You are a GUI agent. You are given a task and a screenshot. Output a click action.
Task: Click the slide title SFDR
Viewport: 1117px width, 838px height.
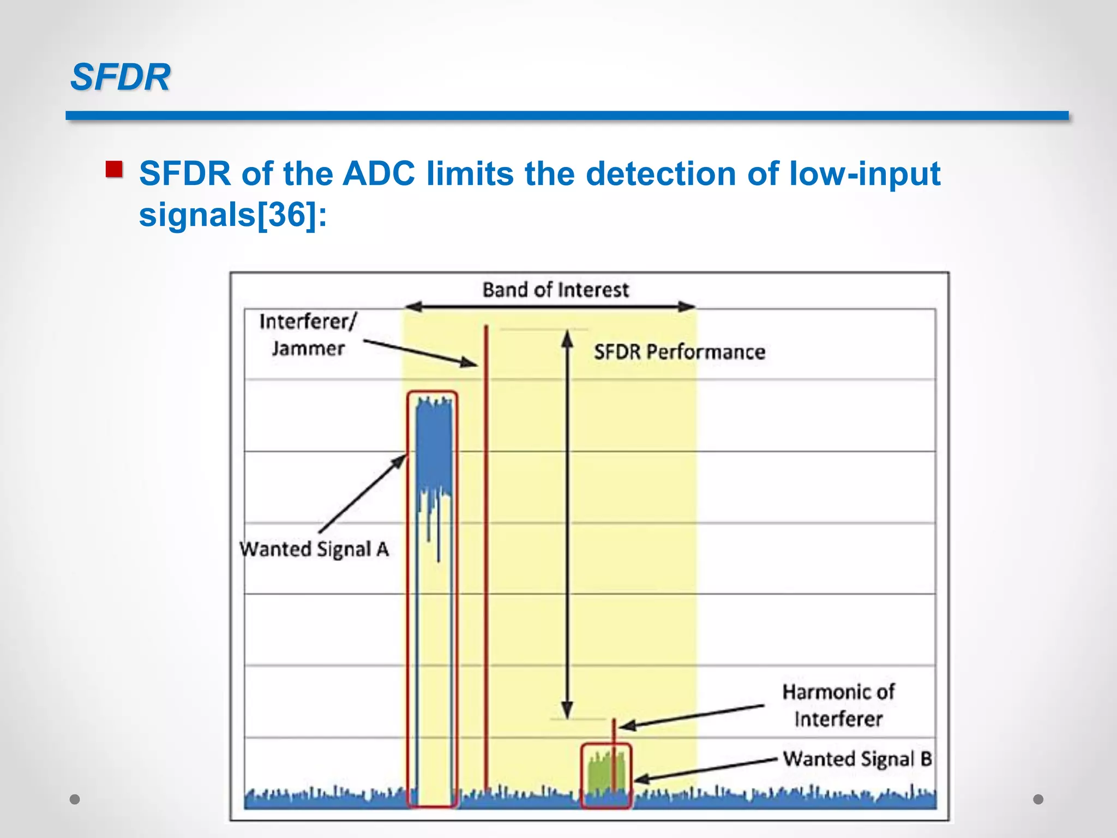121,77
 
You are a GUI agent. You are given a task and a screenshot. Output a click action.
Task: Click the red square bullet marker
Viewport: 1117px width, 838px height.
114,169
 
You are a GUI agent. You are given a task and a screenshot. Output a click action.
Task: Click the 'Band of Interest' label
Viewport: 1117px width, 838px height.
555,290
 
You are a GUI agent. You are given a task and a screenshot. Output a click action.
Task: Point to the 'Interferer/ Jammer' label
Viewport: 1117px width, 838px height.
308,334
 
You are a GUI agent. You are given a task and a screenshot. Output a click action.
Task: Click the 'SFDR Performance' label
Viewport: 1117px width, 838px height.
679,352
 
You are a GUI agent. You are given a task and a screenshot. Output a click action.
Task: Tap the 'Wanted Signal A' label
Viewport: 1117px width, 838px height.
314,549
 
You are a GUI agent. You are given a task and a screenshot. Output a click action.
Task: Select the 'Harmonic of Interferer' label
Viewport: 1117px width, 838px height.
838,705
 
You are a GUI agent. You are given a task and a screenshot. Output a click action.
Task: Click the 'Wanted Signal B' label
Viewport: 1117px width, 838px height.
857,759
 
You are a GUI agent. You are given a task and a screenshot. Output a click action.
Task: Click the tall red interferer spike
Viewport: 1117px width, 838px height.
486,546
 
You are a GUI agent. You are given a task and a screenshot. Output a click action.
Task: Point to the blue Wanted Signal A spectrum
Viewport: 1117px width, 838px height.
434,447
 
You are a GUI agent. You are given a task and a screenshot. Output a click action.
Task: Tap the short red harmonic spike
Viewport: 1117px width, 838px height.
614,731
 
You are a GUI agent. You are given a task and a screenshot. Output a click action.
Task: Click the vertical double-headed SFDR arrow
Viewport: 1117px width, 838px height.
567,524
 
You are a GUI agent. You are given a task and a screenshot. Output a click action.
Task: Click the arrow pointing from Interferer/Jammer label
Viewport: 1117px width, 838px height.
420,352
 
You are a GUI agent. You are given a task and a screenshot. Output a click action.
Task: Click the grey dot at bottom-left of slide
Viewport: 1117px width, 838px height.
75,799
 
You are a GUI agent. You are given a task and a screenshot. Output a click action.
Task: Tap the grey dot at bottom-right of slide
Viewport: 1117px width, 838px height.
1038,799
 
